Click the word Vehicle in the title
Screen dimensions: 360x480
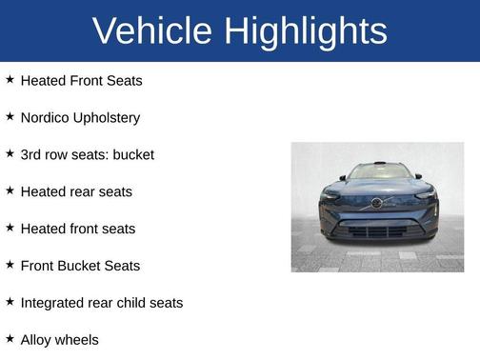151,31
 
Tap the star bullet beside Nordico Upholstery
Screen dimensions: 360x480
10,116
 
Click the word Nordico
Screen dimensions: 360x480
47,118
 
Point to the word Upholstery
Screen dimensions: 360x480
109,118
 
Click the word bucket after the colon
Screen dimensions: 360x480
131,154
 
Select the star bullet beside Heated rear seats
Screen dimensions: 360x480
10,190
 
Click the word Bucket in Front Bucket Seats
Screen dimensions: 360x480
84,266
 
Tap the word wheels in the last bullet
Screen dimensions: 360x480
79,340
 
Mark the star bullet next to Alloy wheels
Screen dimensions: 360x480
10,338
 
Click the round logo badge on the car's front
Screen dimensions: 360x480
376,203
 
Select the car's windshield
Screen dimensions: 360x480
378,172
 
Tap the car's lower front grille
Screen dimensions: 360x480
377,230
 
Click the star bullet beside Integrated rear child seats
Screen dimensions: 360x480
10,301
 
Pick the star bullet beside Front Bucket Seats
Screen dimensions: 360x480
10,264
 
